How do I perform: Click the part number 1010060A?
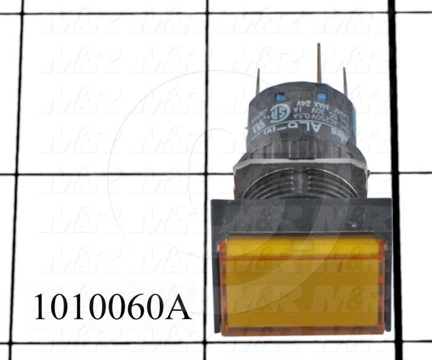coord(112,306)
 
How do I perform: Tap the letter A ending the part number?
coord(178,306)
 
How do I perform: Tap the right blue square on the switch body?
coord(321,97)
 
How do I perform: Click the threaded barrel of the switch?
coord(301,185)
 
